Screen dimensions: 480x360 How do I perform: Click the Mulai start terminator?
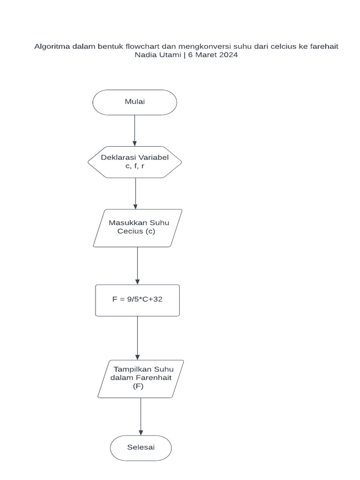135,102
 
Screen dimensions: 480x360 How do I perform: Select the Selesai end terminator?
141,447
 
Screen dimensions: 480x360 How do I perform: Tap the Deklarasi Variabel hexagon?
135,162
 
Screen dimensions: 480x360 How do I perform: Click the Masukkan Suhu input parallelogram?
137,228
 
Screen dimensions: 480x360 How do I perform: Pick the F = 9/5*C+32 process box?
137,300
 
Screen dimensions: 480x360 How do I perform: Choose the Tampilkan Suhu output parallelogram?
141,379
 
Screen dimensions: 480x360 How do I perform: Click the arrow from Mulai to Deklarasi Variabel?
135,130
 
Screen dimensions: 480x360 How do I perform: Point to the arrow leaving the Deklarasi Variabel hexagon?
135,193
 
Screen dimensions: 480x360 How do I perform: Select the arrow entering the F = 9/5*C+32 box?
137,265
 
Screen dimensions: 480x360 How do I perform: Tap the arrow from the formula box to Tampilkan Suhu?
137,337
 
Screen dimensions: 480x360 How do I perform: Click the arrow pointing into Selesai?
141,416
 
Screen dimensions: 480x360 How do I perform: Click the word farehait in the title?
323,46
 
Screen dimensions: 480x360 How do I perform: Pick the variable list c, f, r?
135,166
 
